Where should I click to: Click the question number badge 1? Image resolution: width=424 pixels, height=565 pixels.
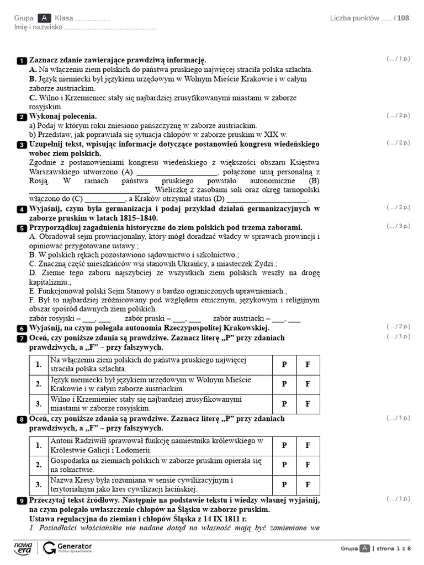22,60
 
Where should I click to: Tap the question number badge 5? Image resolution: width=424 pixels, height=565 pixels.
22,228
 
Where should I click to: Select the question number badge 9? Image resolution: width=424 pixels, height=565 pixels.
22,500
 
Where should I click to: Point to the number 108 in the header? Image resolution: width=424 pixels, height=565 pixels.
404,18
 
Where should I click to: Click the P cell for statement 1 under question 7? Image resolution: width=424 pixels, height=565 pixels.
284,364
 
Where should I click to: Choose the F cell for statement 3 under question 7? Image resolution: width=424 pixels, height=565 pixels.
308,404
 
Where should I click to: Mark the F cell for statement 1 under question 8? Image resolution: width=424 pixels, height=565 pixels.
308,445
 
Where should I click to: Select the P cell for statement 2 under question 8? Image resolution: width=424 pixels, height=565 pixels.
284,465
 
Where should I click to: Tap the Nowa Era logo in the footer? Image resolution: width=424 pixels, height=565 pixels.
23,547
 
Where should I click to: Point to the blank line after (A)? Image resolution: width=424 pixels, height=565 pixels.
180,172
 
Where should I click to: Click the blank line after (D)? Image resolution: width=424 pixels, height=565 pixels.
267,199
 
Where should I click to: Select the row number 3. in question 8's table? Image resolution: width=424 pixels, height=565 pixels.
39,485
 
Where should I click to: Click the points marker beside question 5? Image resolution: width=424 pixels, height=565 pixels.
399,226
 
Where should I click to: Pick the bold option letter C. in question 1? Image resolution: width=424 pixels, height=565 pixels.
33,98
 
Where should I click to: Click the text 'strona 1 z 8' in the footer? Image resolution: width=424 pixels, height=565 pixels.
393,548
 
